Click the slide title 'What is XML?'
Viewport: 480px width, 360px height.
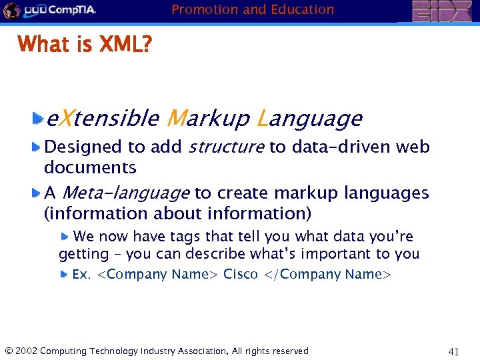[85, 45]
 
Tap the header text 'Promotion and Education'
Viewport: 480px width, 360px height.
[253, 9]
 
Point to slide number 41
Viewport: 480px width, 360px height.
[455, 351]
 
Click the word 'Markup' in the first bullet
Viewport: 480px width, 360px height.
[207, 119]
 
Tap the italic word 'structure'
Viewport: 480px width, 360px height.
[227, 147]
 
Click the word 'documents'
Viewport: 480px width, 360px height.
[90, 167]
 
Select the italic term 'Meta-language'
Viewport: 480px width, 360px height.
[125, 193]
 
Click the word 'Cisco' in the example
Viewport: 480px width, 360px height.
[241, 274]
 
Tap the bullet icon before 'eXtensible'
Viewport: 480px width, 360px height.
[38, 119]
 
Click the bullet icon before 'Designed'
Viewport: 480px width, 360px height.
[38, 146]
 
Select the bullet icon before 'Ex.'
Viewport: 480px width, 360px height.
[63, 273]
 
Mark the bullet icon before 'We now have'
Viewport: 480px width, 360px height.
[65, 235]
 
